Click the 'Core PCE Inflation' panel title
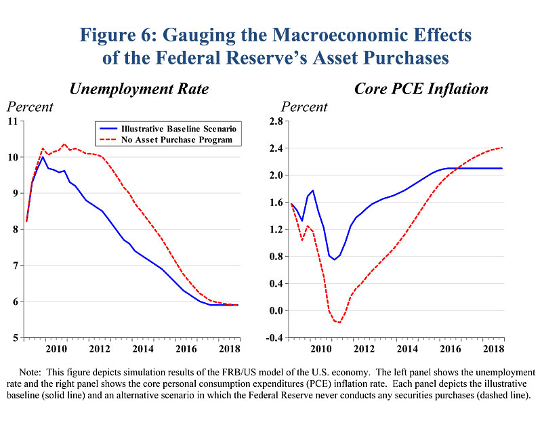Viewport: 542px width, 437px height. pyautogui.click(x=421, y=89)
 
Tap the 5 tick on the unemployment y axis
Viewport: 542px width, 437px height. pyautogui.click(x=16, y=337)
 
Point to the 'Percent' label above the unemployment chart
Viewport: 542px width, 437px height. pyautogui.click(x=30, y=107)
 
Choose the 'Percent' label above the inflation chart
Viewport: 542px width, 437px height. pyautogui.click(x=304, y=107)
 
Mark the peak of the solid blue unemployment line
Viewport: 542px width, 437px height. pyautogui.click(x=43, y=157)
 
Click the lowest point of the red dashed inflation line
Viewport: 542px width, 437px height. pyautogui.click(x=339, y=322)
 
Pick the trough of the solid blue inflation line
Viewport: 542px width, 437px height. pyautogui.click(x=334, y=259)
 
